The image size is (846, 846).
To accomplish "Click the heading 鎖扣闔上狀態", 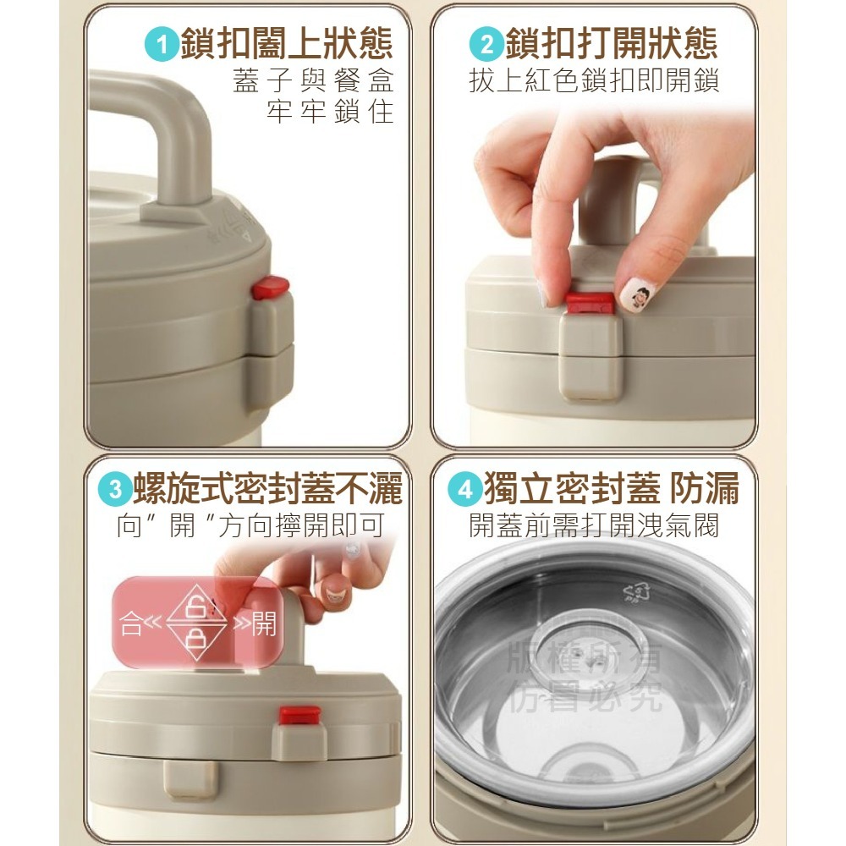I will [286, 44].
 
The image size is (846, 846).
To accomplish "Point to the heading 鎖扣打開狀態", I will [609, 44].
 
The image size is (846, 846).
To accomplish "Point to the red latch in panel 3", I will [299, 715].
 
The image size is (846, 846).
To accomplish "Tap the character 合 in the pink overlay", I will [131, 625].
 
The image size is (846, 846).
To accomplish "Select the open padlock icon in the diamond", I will [195, 605].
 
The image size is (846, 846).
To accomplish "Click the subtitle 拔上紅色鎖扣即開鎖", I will [594, 82].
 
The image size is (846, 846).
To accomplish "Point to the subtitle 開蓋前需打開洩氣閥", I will [594, 526].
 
